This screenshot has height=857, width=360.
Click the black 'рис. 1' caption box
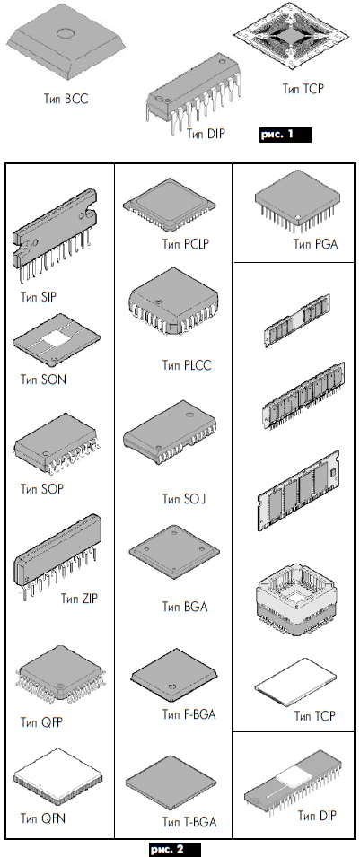pos(285,135)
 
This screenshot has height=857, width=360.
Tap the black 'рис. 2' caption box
pos(175,849)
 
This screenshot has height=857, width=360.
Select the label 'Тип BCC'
pos(66,99)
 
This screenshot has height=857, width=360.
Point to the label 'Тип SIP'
pos(39,297)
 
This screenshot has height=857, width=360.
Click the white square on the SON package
pos(56,339)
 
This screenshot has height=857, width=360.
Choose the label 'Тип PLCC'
pos(186,365)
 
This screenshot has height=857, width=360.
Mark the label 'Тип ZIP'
pos(79,599)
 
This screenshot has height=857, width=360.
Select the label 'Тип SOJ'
pos(184,498)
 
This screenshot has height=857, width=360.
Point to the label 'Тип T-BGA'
pos(189,821)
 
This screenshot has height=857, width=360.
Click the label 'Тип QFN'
pos(43,818)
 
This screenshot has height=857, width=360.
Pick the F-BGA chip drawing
pos(173,676)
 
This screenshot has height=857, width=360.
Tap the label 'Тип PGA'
pos(316,244)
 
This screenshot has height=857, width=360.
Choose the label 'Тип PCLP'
pos(186,244)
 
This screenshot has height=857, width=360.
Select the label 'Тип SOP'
pos(42,488)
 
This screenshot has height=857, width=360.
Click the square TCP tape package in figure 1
pos(291,37)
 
